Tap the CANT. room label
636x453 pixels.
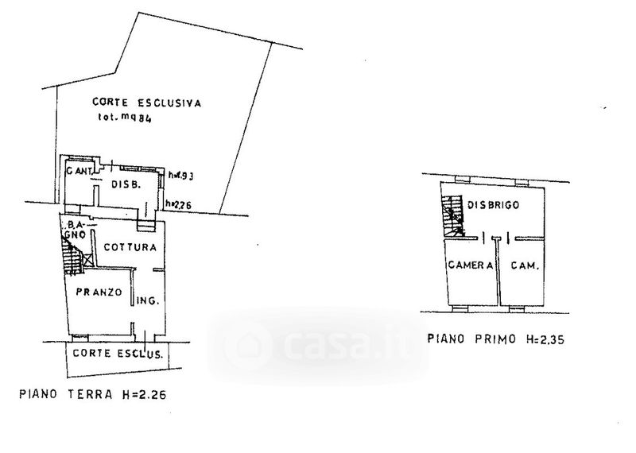[79, 172]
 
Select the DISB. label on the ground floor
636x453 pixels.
[126, 184]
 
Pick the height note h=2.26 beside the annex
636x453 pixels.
[178, 205]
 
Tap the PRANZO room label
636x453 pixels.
[99, 292]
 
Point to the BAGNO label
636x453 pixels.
[74, 230]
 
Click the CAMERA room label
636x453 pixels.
[470, 265]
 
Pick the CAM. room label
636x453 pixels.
[522, 265]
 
